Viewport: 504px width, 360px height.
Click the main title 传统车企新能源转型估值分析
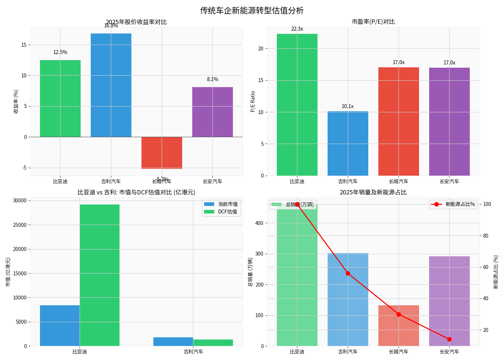(x=252, y=10)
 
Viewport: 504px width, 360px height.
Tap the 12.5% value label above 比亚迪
(x=60, y=52)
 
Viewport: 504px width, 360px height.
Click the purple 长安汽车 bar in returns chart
(x=212, y=112)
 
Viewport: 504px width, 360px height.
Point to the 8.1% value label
(x=212, y=79)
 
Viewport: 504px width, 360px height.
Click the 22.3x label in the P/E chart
(x=297, y=29)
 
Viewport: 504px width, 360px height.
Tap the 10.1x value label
(x=348, y=106)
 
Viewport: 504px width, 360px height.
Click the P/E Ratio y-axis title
(x=253, y=102)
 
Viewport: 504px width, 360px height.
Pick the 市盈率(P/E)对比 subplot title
(x=373, y=22)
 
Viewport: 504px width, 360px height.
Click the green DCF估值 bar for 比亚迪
(x=99, y=275)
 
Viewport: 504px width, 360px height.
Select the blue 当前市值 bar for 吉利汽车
(x=173, y=342)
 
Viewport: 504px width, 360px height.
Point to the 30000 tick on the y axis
(x=20, y=201)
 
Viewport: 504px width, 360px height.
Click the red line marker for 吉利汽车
(x=348, y=273)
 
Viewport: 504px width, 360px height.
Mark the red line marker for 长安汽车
(x=449, y=339)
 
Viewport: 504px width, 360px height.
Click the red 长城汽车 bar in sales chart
(x=399, y=325)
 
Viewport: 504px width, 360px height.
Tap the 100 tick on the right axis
(x=487, y=204)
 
